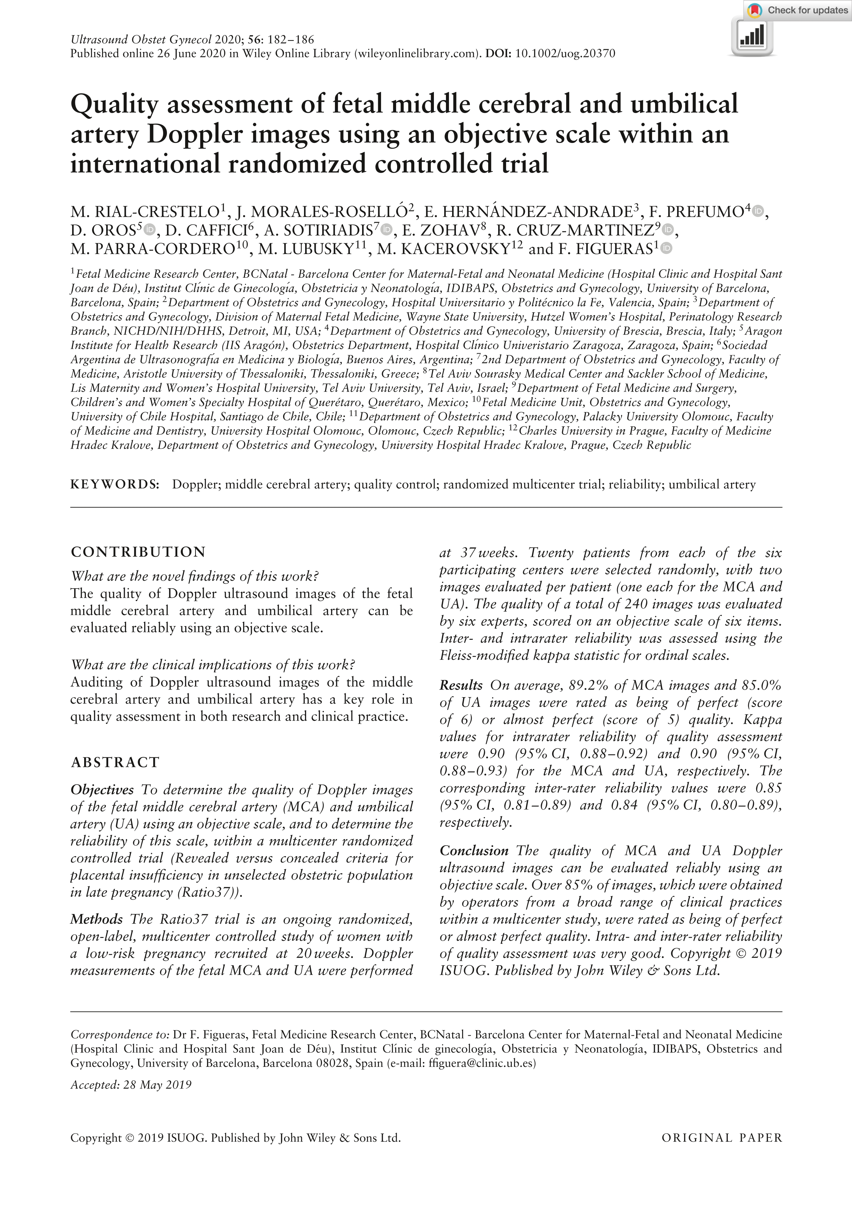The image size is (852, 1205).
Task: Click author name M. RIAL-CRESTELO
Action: point(145,212)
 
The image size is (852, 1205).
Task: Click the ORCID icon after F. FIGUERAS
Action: point(666,249)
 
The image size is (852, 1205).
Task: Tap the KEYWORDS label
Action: point(115,484)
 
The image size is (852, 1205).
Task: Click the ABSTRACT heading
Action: point(115,762)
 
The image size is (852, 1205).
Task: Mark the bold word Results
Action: point(461,685)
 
